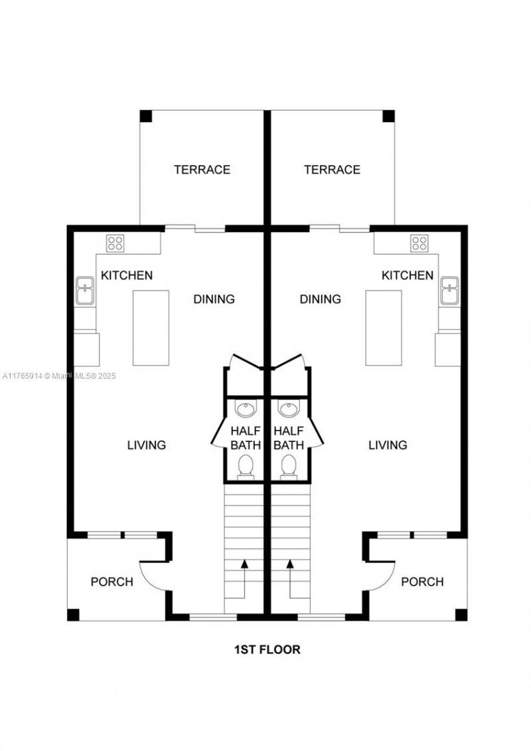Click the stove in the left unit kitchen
[115, 243]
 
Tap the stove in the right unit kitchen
[419, 243]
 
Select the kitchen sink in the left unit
[84, 291]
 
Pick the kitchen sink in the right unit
[450, 291]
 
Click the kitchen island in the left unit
[151, 328]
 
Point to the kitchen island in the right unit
[384, 328]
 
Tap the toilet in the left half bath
[246, 466]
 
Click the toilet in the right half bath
[289, 466]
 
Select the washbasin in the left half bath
[246, 409]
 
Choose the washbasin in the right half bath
[289, 409]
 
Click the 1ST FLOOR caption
[267, 649]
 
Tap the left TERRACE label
[202, 170]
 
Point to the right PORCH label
[422, 582]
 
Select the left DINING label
[214, 299]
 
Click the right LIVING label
[388, 444]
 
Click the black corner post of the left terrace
[145, 115]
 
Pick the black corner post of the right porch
[461, 614]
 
